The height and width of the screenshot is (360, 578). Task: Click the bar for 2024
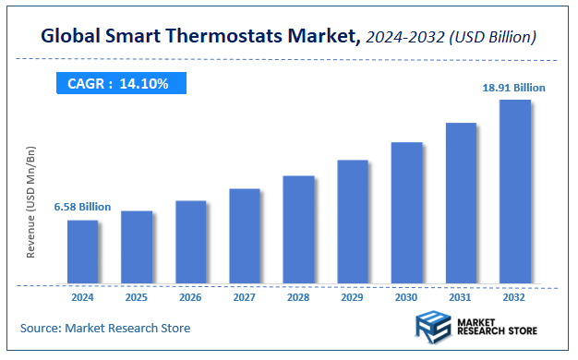click(82, 251)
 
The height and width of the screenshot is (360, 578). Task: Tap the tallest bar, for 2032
click(515, 191)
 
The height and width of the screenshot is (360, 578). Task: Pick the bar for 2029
click(353, 222)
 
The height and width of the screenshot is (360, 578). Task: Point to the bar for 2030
click(407, 212)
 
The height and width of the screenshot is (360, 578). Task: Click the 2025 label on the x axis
click(137, 297)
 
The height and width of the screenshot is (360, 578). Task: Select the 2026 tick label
click(190, 297)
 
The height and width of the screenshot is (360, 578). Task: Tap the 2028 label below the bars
click(298, 297)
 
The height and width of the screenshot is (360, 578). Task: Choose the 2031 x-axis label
click(461, 297)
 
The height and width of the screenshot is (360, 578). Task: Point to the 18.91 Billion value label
click(514, 88)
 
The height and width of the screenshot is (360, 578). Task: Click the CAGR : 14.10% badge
click(117, 84)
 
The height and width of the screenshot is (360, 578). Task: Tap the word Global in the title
click(71, 38)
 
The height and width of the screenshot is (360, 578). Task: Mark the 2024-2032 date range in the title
click(403, 38)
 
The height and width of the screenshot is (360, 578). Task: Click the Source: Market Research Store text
click(105, 328)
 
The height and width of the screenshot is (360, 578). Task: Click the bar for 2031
click(461, 202)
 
